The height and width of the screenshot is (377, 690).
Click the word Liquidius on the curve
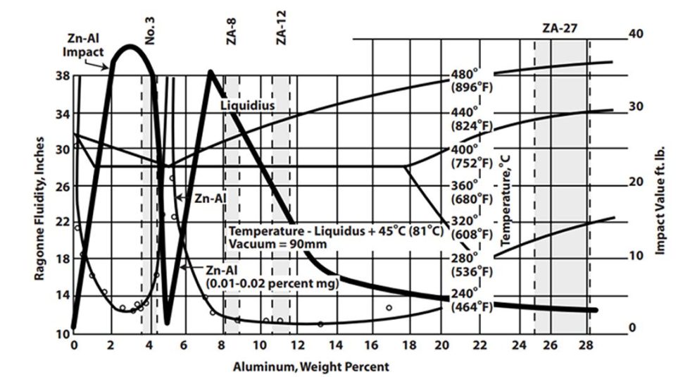pos(246,105)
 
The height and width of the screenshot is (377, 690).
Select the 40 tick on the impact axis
pos(636,34)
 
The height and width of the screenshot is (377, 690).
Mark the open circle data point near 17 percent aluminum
pos(389,307)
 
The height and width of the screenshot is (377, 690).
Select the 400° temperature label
pos(465,150)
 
